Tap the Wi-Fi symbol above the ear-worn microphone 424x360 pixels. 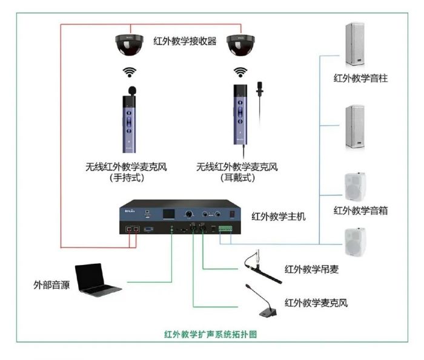[x=240, y=73]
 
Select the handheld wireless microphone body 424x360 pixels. [x=130, y=121]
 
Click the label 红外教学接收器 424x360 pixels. [x=185, y=42]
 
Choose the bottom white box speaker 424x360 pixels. [x=355, y=241]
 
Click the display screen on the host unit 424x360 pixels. [x=168, y=215]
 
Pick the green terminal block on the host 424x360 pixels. [x=226, y=230]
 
